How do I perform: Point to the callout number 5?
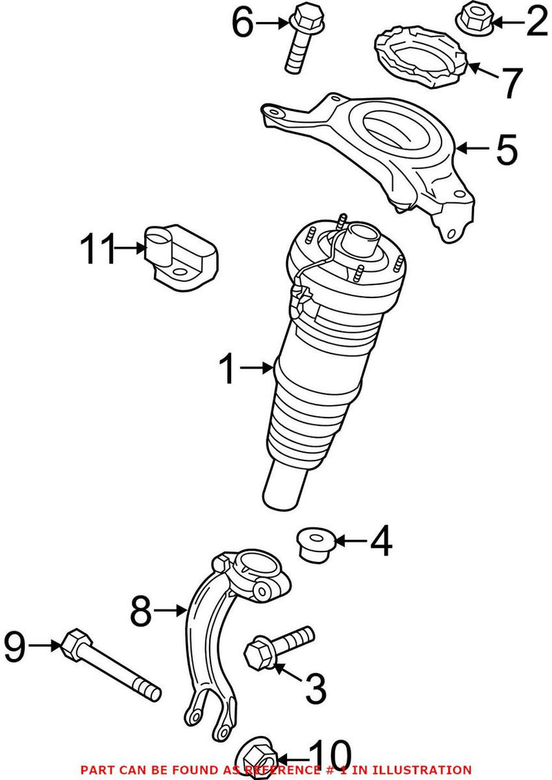(x=506, y=149)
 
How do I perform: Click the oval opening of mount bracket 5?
(x=395, y=131)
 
